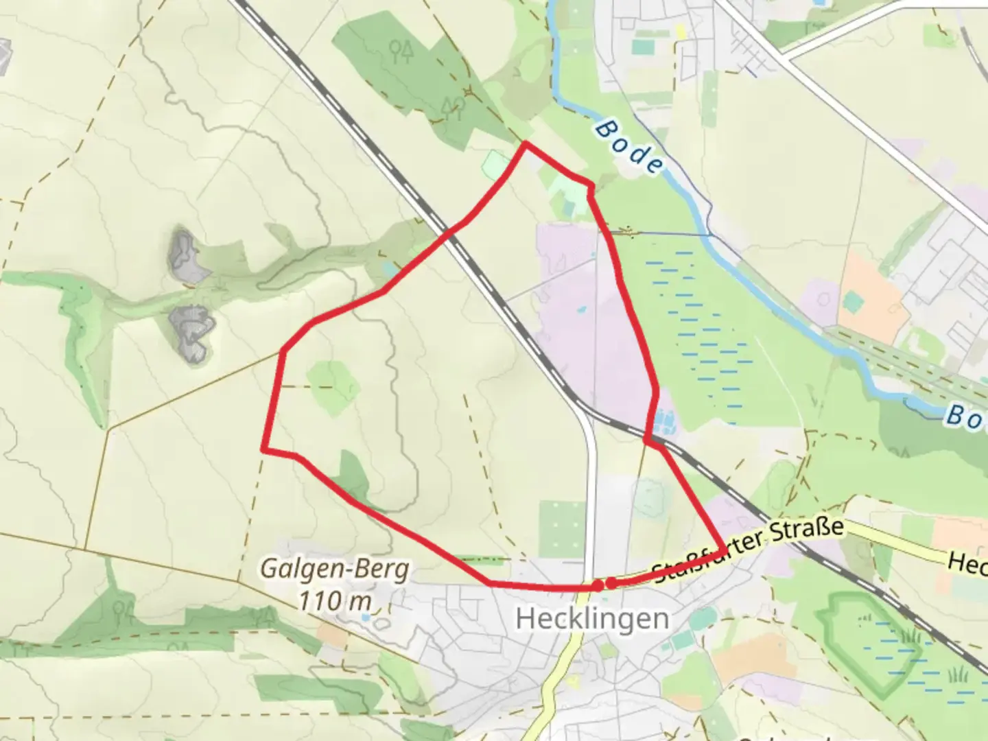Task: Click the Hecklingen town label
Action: (592, 619)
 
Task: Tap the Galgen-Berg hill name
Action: (336, 569)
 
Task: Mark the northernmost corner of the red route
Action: (526, 143)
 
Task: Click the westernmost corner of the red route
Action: (263, 449)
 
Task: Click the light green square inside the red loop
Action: (332, 388)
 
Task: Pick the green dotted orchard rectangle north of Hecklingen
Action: (562, 527)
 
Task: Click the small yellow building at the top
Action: (681, 32)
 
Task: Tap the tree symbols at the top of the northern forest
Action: (401, 49)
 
